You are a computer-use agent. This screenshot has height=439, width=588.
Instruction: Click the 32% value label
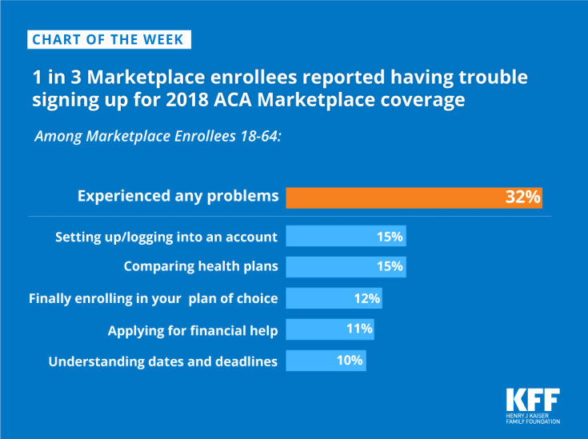523,197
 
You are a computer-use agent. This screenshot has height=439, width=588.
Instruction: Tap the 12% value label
367,298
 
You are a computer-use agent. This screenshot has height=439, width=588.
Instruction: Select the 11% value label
360,329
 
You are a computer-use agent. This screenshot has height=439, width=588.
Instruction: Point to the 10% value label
350,361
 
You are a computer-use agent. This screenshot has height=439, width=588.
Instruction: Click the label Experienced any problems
178,196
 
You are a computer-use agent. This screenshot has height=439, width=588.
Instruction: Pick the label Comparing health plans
200,267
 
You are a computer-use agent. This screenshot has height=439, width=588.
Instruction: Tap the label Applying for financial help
193,330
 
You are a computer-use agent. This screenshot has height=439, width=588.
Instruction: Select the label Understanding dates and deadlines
163,361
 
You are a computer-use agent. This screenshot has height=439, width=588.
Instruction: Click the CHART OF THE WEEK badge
109,39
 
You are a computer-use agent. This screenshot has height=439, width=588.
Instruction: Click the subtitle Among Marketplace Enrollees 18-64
158,136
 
